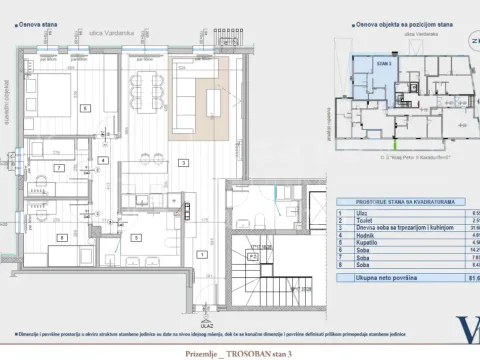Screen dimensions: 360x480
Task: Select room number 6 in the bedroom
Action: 86,107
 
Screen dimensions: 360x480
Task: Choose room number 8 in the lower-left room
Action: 62,237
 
